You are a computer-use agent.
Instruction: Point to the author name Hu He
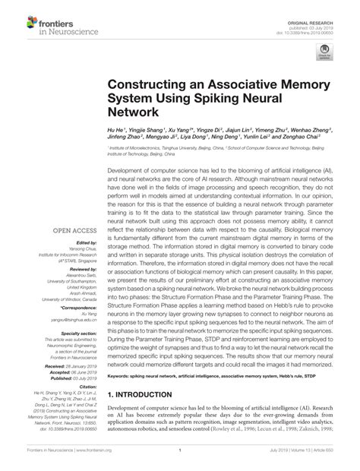tap(116, 131)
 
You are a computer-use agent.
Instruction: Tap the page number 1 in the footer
tap(179, 460)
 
